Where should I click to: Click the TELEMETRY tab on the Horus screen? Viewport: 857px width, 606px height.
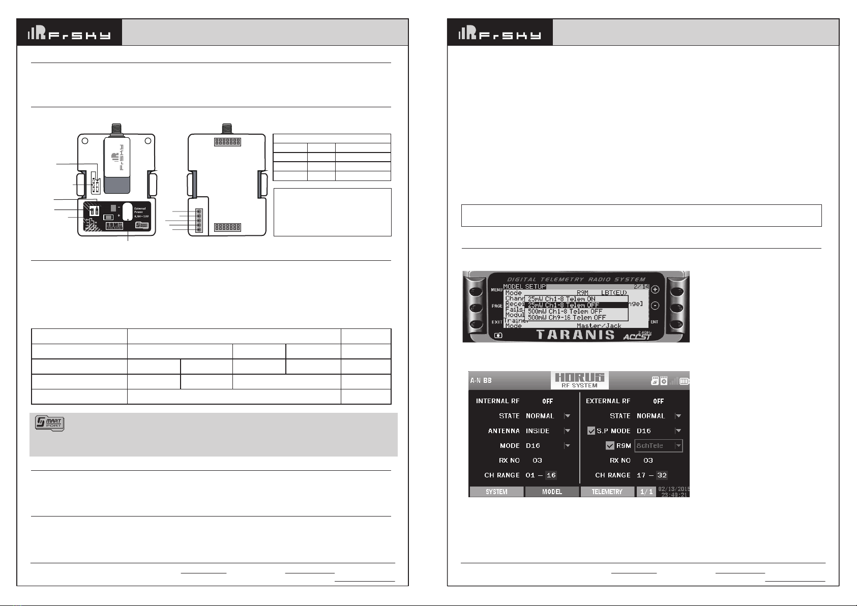(x=607, y=492)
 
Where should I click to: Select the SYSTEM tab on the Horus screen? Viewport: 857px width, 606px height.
(x=496, y=492)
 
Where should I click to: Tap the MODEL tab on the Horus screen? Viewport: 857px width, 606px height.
(x=552, y=492)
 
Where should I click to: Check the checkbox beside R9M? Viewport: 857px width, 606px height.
(x=610, y=446)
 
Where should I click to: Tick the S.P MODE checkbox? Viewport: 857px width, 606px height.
(x=591, y=431)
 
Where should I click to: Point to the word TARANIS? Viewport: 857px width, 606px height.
(x=575, y=335)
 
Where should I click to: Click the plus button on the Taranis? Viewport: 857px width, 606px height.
(x=655, y=289)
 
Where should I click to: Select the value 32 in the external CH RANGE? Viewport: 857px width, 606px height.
(x=662, y=475)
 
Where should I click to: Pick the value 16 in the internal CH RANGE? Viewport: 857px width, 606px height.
(x=551, y=475)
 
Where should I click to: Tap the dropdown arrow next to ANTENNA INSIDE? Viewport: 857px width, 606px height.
(x=567, y=431)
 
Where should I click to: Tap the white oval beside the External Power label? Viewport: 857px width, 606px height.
(x=127, y=212)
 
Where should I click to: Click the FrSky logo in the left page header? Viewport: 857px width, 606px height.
(x=69, y=33)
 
